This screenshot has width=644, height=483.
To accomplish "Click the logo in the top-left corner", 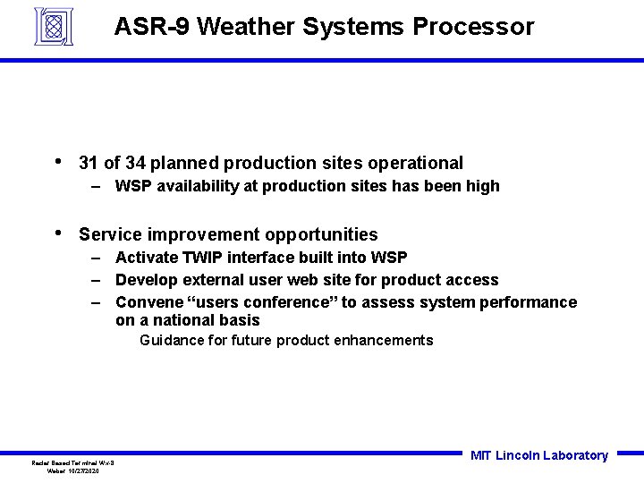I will pyautogui.click(x=53, y=26).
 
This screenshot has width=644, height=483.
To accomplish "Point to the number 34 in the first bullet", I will pyautogui.click(x=136, y=163).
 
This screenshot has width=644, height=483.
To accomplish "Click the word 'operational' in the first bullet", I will pyautogui.click(x=419, y=163).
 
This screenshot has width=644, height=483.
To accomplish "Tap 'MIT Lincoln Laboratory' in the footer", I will pyautogui.click(x=538, y=455).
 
